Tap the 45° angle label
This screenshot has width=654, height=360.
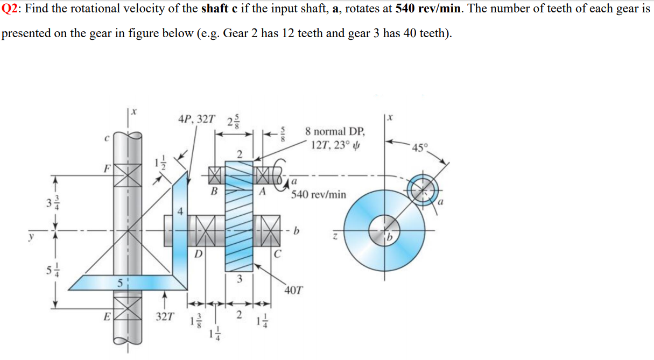[x=418, y=149]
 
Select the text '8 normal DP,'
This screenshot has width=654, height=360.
[x=334, y=132]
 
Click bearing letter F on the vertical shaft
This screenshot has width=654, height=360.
[x=107, y=167]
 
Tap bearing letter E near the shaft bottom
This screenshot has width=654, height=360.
[x=107, y=317]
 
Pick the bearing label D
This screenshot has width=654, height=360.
[x=198, y=253]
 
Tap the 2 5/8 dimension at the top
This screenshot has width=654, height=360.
[x=235, y=121]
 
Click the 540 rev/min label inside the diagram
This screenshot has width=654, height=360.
[x=319, y=194]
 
